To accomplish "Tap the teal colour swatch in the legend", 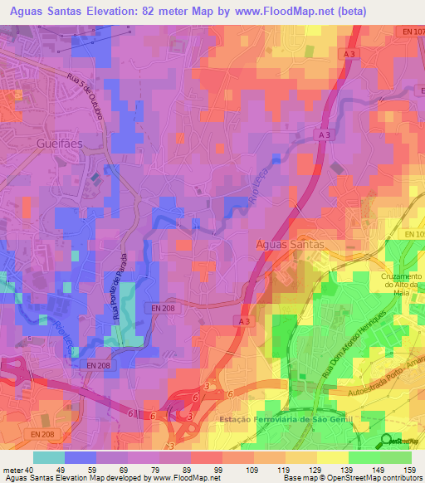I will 49,457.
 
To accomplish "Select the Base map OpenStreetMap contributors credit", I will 353,478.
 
